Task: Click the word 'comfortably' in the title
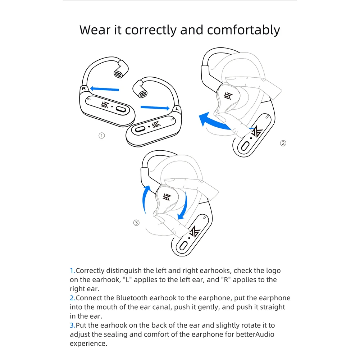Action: click(x=243, y=30)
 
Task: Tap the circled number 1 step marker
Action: click(x=102, y=136)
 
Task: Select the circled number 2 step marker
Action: click(x=283, y=143)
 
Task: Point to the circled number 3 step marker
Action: click(x=136, y=223)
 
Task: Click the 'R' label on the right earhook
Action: click(x=84, y=88)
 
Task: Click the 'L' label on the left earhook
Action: click(x=177, y=109)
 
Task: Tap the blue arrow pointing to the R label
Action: click(x=104, y=88)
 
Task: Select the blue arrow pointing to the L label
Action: click(x=155, y=108)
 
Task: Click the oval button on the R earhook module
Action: click(x=121, y=109)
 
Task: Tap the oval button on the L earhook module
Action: click(x=140, y=129)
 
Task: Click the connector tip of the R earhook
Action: click(x=118, y=74)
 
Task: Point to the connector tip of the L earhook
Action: click(x=143, y=94)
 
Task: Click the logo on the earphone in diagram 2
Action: click(x=228, y=96)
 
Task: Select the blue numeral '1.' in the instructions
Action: click(x=73, y=271)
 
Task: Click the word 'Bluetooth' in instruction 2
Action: click(x=132, y=298)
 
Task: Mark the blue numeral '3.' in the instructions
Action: click(x=73, y=325)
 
